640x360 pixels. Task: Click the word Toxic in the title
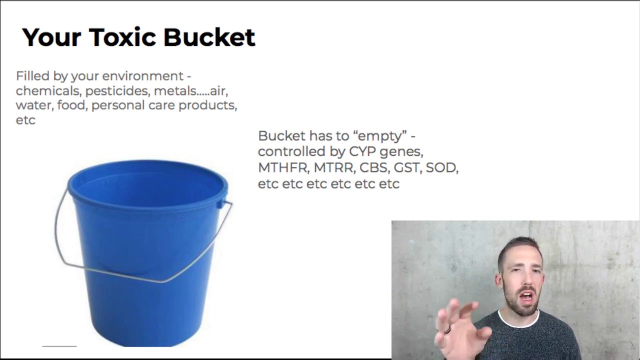click(x=123, y=37)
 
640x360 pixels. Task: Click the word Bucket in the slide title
click(x=209, y=37)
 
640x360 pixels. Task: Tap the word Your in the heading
click(x=51, y=37)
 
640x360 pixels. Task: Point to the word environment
click(x=143, y=76)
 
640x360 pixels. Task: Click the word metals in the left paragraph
click(x=175, y=91)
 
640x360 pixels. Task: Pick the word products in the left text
click(x=207, y=105)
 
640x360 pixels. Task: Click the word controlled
click(x=291, y=151)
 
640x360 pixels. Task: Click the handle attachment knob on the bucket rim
click(x=220, y=204)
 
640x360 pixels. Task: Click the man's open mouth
click(x=525, y=296)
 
